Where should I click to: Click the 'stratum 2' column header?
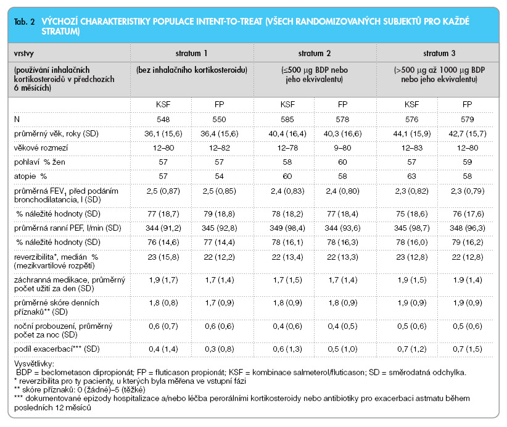tap(315, 53)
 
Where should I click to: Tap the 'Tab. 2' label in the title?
tap(24, 22)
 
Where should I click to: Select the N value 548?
tap(163, 119)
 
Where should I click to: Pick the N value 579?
tap(468, 119)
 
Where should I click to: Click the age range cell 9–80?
tap(342, 148)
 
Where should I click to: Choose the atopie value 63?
tap(411, 176)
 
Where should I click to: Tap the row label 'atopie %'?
tap(30, 176)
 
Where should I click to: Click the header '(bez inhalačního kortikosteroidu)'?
tap(192, 70)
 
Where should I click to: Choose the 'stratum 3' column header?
tap(439, 53)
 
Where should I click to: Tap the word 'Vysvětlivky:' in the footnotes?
tap(35, 363)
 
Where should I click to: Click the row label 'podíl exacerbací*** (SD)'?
tap(57, 349)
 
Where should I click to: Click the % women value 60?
tap(342, 162)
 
